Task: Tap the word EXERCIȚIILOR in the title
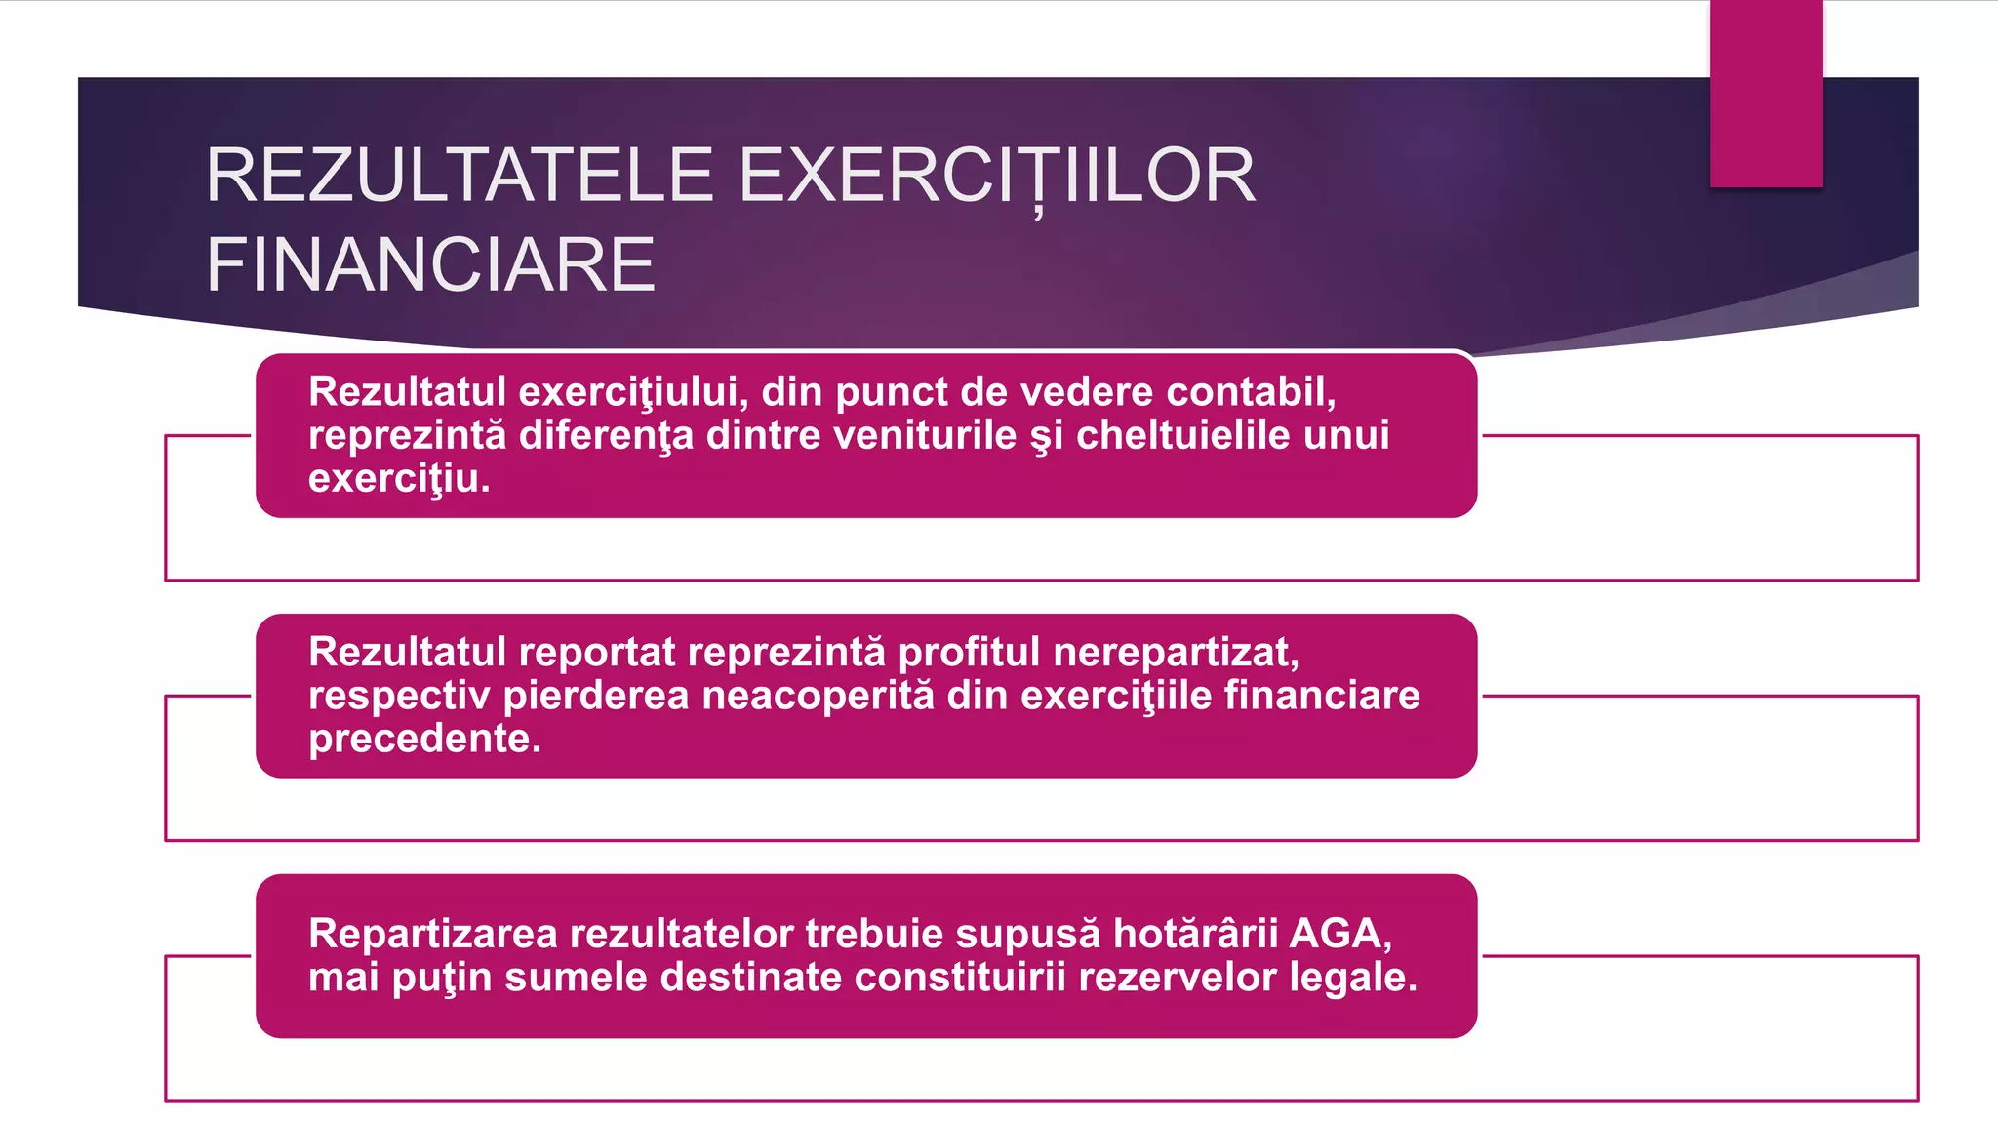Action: pos(997,176)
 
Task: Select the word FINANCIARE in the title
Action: pos(430,264)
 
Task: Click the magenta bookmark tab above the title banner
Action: pos(1766,94)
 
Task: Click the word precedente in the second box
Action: pos(423,739)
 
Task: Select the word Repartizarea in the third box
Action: pos(433,934)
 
